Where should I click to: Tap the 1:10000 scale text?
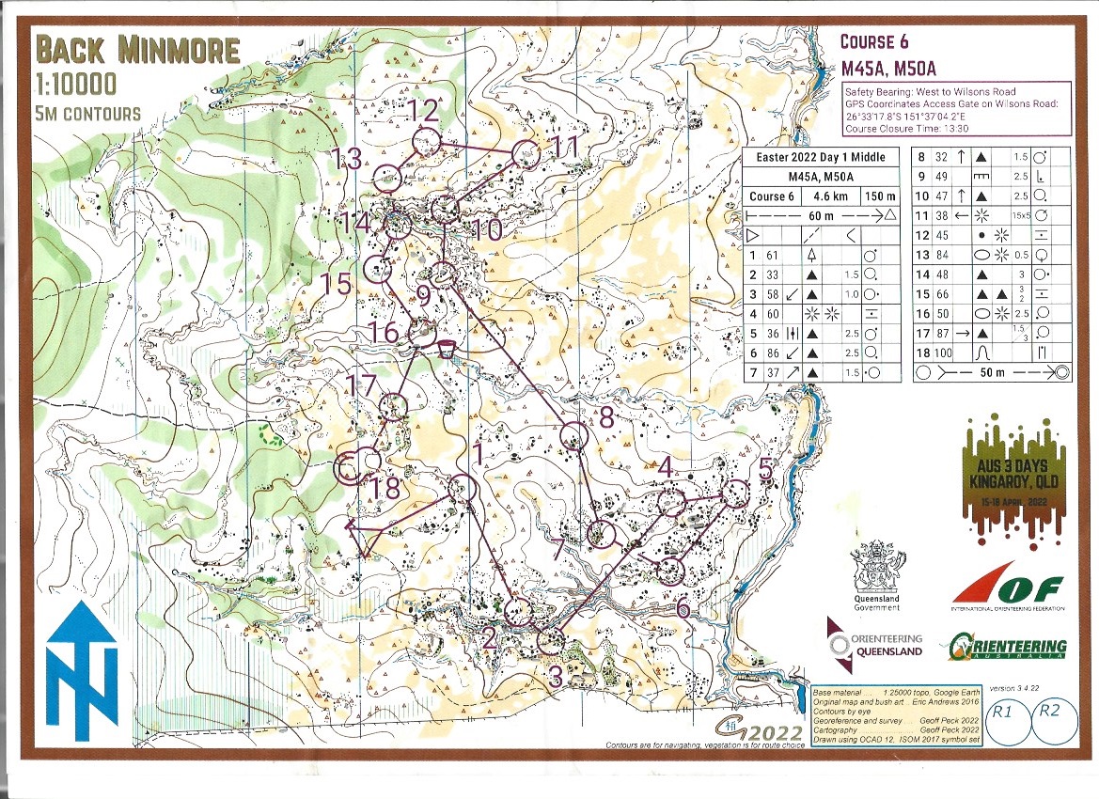click(76, 85)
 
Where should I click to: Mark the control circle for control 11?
click(526, 154)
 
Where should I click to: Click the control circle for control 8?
click(573, 436)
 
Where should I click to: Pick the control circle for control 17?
click(393, 407)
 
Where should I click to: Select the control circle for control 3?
click(551, 642)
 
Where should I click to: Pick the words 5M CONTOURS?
click(87, 114)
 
